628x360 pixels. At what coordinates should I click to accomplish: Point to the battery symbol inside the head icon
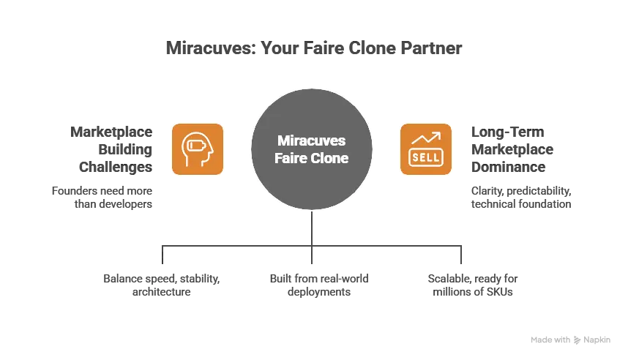point(195,146)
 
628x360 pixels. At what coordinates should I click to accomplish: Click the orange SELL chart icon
point(425,149)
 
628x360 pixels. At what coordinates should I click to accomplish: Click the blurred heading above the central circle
point(313,50)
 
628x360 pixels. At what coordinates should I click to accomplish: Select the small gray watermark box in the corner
point(569,339)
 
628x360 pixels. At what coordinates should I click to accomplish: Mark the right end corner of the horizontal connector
point(460,242)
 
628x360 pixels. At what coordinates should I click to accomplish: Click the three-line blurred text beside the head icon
point(112,150)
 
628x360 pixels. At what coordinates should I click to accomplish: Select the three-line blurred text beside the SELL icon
point(512,150)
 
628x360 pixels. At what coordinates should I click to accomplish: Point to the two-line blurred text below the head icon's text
point(100,196)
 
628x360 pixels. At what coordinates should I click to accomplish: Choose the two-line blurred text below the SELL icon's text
point(520,196)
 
